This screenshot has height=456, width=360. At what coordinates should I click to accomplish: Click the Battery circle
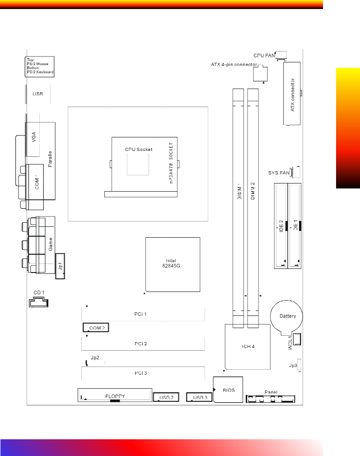[x=286, y=316]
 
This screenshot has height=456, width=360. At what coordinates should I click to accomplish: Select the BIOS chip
[x=228, y=390]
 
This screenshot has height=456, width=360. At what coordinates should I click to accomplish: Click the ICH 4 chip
[x=247, y=347]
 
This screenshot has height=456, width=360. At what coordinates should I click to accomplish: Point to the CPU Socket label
[x=139, y=149]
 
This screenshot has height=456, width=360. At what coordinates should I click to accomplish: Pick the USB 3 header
[x=199, y=398]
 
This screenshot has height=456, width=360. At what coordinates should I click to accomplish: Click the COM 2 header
[x=96, y=328]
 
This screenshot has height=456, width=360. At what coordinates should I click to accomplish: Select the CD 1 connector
[x=39, y=302]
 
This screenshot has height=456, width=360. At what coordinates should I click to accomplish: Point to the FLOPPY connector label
[x=115, y=396]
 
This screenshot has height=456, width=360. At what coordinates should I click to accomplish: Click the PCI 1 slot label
[x=141, y=314]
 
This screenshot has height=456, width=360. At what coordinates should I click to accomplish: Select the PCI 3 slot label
[x=141, y=373]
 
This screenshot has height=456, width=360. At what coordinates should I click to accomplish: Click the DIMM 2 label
[x=253, y=190]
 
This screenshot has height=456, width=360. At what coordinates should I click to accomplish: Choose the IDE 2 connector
[x=280, y=226]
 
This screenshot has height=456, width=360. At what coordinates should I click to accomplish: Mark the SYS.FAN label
[x=278, y=173]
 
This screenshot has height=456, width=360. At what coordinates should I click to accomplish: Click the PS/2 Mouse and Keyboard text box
[x=40, y=66]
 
